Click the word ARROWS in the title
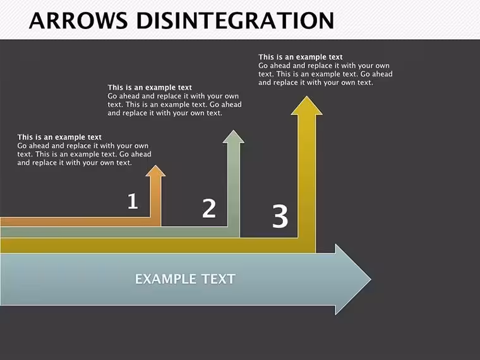click(78, 20)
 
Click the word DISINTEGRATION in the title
click(235, 20)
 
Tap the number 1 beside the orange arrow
click(133, 201)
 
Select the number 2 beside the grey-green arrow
click(209, 208)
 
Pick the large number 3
click(280, 217)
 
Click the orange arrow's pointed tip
click(155, 165)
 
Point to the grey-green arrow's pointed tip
click(234, 130)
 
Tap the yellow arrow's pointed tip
click(306, 97)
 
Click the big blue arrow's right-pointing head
click(353, 279)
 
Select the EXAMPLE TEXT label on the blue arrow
click(185, 279)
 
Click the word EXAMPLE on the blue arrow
click(165, 279)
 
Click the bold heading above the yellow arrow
click(300, 57)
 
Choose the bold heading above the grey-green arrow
click(150, 88)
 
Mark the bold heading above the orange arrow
click(59, 137)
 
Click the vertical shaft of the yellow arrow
click(306, 184)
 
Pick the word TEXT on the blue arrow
click(219, 279)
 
